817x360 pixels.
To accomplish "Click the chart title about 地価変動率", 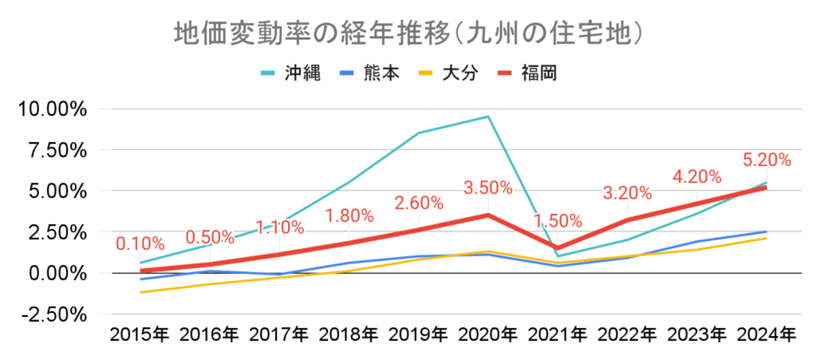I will click(x=408, y=33).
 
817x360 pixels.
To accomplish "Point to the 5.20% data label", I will click(x=766, y=160).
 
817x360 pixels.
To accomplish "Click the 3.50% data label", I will click(x=487, y=188).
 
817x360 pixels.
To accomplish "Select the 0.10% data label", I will click(x=140, y=243).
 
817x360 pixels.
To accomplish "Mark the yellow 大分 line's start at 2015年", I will click(x=140, y=292).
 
